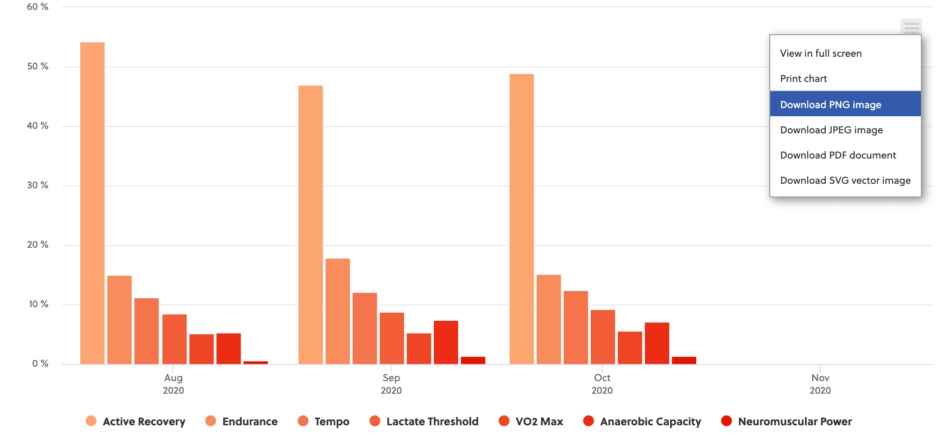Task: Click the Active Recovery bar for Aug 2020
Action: pyautogui.click(x=92, y=203)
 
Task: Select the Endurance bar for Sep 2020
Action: pyautogui.click(x=338, y=311)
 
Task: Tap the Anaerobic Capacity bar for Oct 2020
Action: pyautogui.click(x=657, y=343)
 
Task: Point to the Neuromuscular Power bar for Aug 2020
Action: pyautogui.click(x=256, y=362)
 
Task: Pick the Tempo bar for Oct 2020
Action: pyautogui.click(x=576, y=328)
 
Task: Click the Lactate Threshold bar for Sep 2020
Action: pyautogui.click(x=392, y=338)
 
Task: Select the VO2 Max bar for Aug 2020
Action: pyautogui.click(x=202, y=349)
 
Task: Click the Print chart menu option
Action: pyautogui.click(x=804, y=79)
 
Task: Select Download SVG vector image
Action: pyautogui.click(x=845, y=181)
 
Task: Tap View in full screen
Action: pyautogui.click(x=821, y=54)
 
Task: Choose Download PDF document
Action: pyautogui.click(x=838, y=155)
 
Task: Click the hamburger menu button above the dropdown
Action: pyautogui.click(x=911, y=27)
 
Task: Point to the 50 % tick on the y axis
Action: pyautogui.click(x=38, y=67)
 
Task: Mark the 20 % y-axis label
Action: pyautogui.click(x=38, y=245)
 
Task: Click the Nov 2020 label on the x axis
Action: pyautogui.click(x=820, y=384)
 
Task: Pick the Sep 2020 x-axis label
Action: pyautogui.click(x=391, y=384)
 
